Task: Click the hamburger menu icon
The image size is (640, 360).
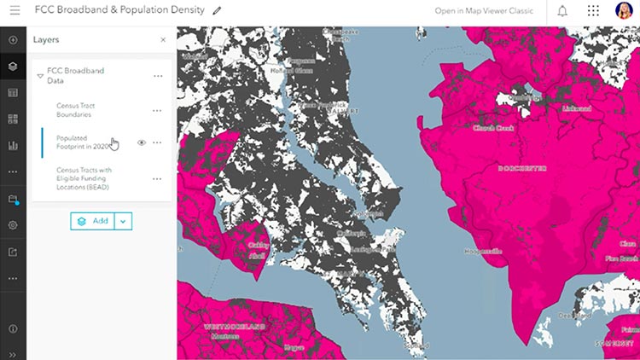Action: [15, 11]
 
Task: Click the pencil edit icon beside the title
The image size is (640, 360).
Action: [217, 11]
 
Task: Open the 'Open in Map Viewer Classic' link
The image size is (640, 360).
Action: [483, 11]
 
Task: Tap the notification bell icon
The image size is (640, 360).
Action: [562, 11]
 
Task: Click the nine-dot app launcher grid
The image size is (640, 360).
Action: [593, 11]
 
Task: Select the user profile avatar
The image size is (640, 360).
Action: [624, 11]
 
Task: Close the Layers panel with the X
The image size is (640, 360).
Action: [163, 40]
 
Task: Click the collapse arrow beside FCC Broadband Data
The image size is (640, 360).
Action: [40, 76]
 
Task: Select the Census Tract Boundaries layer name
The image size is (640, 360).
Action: [74, 110]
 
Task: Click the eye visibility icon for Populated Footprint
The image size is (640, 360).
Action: [142, 142]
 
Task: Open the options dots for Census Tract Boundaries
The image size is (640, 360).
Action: [157, 110]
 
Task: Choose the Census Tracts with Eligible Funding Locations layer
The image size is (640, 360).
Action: [84, 178]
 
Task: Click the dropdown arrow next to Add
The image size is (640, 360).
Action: [123, 221]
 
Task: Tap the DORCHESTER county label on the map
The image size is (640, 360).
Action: [521, 168]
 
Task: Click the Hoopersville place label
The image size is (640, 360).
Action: [482, 251]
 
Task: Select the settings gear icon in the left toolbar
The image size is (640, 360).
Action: [13, 225]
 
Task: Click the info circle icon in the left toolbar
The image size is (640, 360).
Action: [13, 328]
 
